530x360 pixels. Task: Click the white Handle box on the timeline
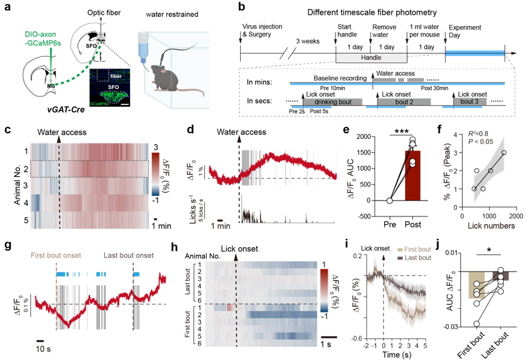371,58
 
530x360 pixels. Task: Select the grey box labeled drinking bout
332,101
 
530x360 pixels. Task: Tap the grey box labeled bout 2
405,101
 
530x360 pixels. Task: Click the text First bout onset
56,255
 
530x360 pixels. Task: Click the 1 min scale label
221,226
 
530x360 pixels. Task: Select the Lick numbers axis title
492,226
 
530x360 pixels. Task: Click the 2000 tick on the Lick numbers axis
514,217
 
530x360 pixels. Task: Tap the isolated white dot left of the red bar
390,201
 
